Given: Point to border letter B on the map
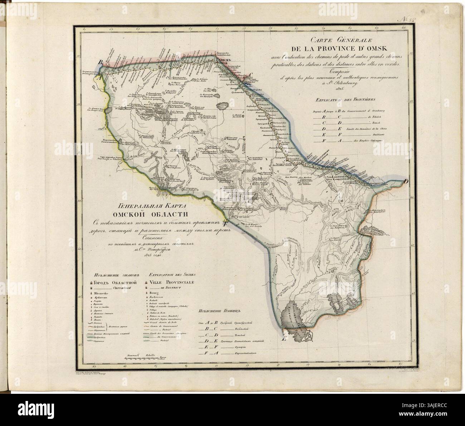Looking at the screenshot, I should (101, 62).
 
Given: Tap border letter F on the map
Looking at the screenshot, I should (225, 224).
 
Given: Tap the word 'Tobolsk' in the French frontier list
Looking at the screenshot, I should (373, 117).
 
